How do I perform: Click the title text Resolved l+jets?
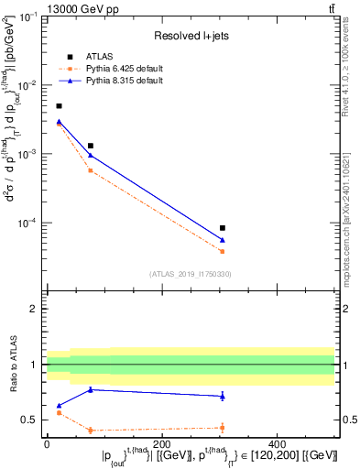[x=191, y=35]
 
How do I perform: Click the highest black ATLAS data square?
[x=60, y=106]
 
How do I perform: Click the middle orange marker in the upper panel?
[x=90, y=170]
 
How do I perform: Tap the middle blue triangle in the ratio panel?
[x=90, y=389]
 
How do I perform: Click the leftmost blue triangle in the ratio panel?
[x=60, y=405]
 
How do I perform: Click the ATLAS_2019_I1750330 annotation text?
[x=191, y=274]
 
